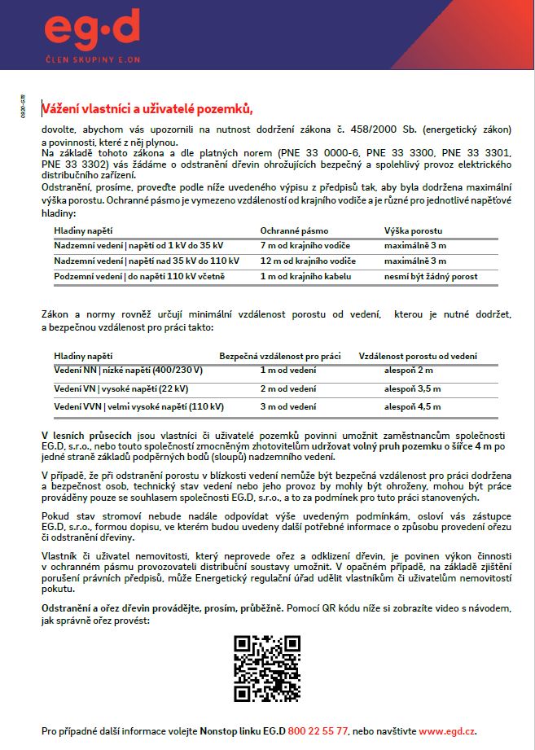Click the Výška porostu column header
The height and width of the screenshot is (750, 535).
412,230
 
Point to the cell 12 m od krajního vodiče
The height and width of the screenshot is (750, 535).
308,261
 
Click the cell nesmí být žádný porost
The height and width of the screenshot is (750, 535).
431,277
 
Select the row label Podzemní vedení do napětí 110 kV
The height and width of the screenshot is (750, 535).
139,277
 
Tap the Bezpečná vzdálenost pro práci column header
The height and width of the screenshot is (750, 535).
279,356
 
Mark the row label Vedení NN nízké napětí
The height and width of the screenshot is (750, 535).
128,371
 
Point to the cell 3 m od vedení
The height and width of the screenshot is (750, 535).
288,406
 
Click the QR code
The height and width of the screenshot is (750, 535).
267,668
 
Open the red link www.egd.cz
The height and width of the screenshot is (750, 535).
447,730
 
